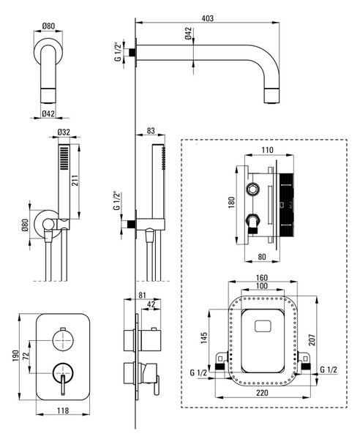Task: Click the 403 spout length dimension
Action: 207,18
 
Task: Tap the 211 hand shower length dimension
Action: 75,181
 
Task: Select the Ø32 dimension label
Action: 64,132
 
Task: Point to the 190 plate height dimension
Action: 15,356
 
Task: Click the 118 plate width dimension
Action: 63,410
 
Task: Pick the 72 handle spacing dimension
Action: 26,356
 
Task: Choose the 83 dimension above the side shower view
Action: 151,131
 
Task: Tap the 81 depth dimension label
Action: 142,295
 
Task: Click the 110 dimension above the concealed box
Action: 267,150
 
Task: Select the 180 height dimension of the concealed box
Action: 231,202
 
